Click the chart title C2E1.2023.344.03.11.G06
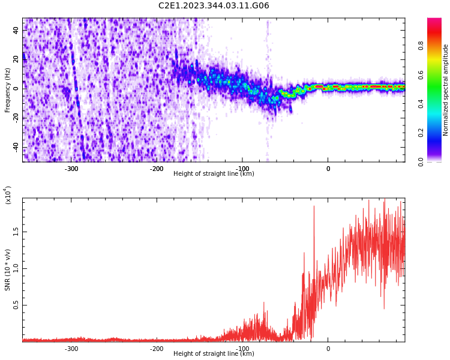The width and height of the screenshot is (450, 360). pyautogui.click(x=214, y=6)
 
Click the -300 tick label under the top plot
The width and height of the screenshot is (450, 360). pyautogui.click(x=71, y=168)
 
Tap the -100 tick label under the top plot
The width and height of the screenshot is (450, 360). pyautogui.click(x=242, y=168)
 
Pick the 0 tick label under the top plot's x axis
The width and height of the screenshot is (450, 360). pyautogui.click(x=328, y=168)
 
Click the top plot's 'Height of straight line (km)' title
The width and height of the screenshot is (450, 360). pyautogui.click(x=214, y=174)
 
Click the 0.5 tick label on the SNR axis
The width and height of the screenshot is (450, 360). pyautogui.click(x=16, y=305)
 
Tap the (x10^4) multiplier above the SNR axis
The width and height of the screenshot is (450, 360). pyautogui.click(x=8, y=195)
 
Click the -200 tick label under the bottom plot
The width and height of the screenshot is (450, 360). pyautogui.click(x=157, y=348)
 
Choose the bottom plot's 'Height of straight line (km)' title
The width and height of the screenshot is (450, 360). pyautogui.click(x=214, y=354)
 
